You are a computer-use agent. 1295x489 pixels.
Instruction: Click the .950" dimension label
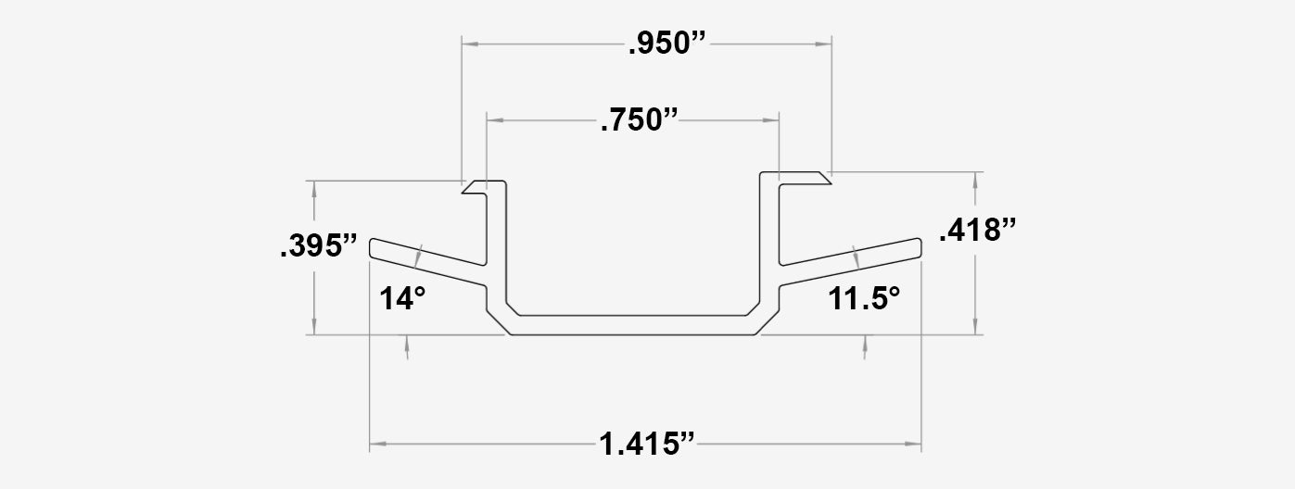coord(667,44)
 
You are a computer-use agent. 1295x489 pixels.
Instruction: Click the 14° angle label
coord(401,298)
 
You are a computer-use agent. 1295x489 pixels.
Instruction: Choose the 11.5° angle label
coord(864,298)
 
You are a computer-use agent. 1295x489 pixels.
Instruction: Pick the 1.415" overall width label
coord(646,444)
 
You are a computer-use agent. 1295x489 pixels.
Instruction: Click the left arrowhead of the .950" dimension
coord(469,44)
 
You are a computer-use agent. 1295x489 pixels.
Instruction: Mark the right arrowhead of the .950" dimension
coord(824,44)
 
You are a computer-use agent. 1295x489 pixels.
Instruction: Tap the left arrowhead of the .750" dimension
coord(494,120)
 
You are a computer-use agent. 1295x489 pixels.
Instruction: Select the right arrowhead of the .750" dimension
coord(771,120)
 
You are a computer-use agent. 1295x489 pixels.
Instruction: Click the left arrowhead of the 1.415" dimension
coord(376,445)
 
